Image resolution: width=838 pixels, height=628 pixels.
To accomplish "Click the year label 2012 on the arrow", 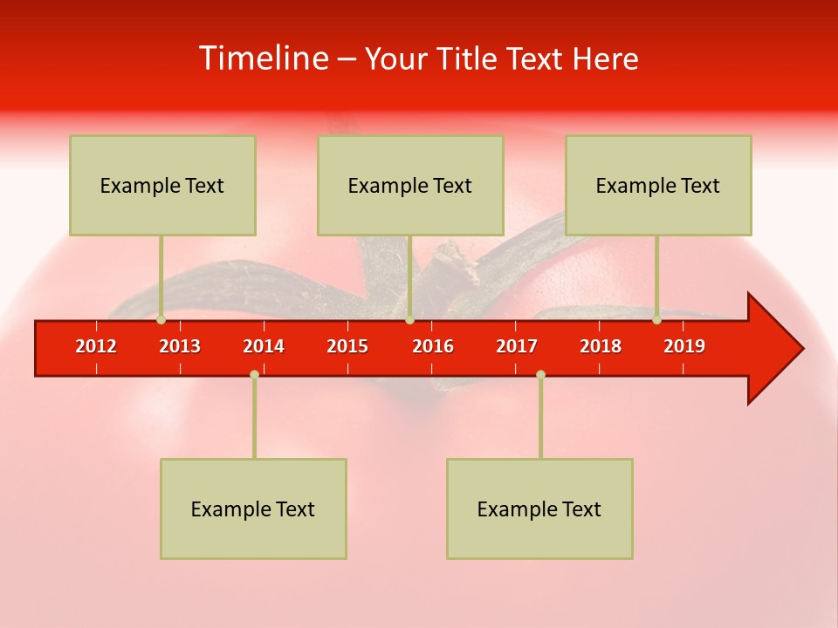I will point(96,346).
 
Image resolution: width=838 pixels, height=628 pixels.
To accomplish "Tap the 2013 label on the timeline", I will point(180,346).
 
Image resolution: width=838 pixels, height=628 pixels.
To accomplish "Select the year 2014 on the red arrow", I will point(264,346).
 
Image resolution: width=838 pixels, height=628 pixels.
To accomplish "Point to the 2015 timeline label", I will point(347,346).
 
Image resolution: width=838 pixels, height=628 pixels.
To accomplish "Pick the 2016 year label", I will point(433,346).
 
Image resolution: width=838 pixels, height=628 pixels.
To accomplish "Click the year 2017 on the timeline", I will point(517,346).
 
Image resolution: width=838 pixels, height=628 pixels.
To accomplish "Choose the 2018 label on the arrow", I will point(601,346).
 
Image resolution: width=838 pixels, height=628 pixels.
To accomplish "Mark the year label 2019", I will point(684,346).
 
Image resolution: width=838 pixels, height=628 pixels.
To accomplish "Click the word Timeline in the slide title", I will point(264,58).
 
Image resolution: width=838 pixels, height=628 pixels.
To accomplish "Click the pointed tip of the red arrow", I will point(800,349).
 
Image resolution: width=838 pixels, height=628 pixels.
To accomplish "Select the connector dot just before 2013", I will point(161,320).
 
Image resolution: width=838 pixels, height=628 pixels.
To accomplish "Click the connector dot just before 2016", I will point(409,320).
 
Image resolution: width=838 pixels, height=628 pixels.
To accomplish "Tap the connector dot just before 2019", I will point(656,320).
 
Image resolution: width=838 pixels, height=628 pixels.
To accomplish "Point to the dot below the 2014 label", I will point(254,374).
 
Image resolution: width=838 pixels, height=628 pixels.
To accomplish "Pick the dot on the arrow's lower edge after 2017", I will point(540,374).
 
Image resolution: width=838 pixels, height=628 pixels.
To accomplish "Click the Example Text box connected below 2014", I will point(253,509).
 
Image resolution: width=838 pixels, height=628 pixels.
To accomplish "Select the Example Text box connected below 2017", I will point(539,509).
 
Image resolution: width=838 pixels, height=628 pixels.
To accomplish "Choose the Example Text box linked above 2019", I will point(658,185).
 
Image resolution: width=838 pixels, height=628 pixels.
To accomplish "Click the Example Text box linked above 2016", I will point(410,185).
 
